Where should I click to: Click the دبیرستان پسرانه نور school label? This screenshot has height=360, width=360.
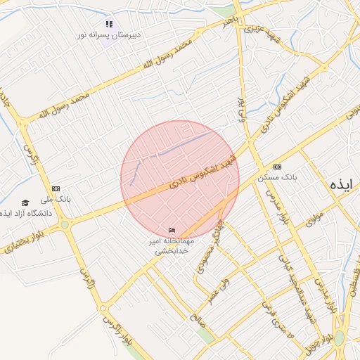point(110,34)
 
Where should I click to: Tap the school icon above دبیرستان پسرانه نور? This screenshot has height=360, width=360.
point(109,24)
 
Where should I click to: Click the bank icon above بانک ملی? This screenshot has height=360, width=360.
point(56,188)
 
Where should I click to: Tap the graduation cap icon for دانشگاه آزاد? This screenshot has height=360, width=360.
point(26,202)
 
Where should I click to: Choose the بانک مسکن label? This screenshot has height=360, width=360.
point(278,177)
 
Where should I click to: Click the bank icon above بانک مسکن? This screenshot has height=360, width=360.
point(278,167)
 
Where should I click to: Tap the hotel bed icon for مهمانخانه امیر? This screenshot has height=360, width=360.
point(172,231)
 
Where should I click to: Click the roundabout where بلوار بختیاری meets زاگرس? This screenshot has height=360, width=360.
point(65,225)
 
